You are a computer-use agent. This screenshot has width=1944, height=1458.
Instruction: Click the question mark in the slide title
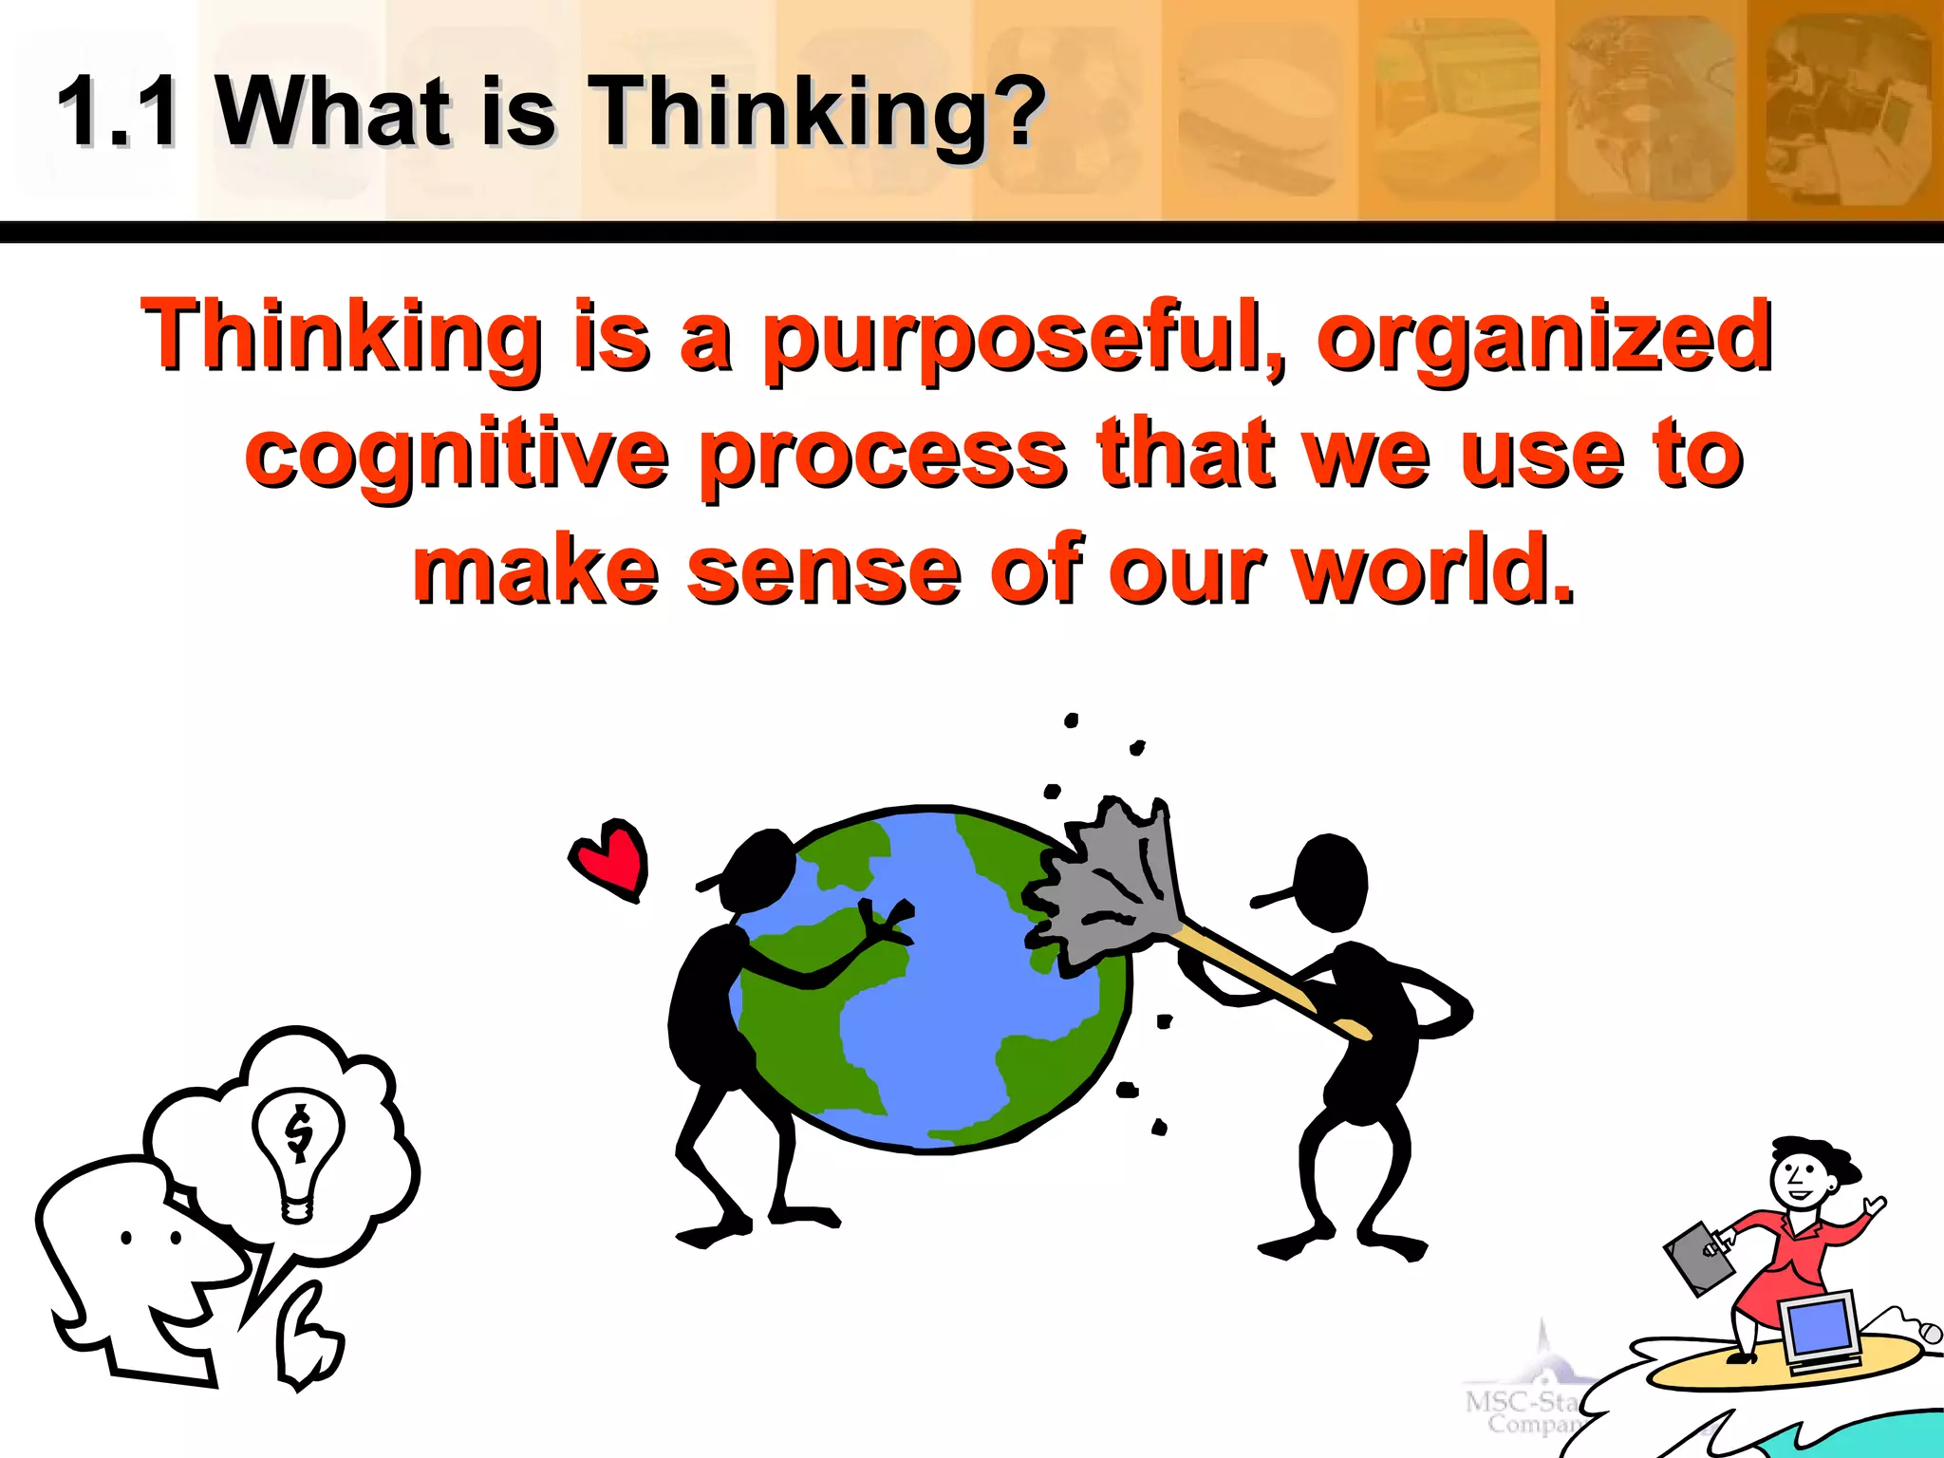[1020, 112]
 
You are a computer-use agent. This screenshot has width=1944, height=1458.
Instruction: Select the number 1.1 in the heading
[118, 112]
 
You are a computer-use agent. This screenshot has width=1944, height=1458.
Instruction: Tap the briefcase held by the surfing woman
[1699, 1259]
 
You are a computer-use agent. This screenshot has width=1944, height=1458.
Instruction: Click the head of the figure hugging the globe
[759, 869]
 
